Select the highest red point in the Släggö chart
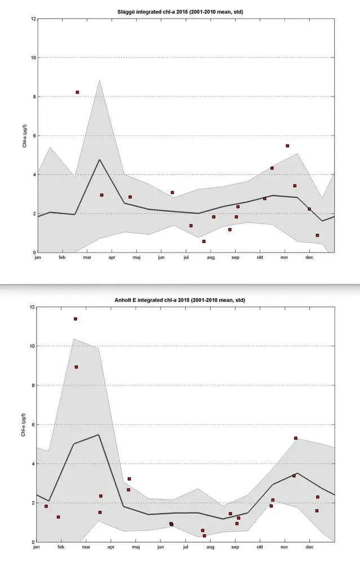point(77,92)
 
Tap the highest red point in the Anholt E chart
point(75,319)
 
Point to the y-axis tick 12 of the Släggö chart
point(33,19)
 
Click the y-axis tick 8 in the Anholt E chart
point(33,385)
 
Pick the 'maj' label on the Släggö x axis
point(136,258)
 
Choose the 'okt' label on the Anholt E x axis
point(260,547)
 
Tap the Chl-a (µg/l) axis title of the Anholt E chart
point(25,424)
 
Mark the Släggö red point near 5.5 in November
point(287,145)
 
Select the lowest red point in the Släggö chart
point(203,241)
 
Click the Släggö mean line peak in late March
point(100,160)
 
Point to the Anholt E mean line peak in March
point(99,435)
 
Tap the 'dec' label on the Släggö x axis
point(309,258)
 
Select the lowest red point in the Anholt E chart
point(205,535)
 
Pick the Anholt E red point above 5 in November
point(295,438)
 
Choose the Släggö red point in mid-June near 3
point(172,193)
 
